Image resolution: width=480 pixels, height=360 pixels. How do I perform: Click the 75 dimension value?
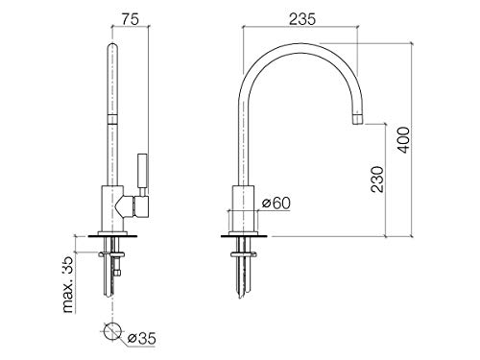coord(131,19)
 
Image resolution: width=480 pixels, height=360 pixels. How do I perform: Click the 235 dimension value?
coord(302,19)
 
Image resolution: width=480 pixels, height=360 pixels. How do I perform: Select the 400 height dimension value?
coord(403,140)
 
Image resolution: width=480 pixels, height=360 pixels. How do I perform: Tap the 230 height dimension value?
coord(377,180)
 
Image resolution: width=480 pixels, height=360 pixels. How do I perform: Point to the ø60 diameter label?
coord(276,203)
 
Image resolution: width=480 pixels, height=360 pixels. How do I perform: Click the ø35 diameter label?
coord(142,338)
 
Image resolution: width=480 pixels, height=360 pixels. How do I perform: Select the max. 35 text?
coord(68,285)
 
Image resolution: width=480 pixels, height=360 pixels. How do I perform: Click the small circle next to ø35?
coord(112,331)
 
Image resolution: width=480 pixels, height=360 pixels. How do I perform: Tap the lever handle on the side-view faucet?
coord(143,174)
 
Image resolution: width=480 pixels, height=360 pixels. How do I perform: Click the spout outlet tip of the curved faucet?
coord(358,122)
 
